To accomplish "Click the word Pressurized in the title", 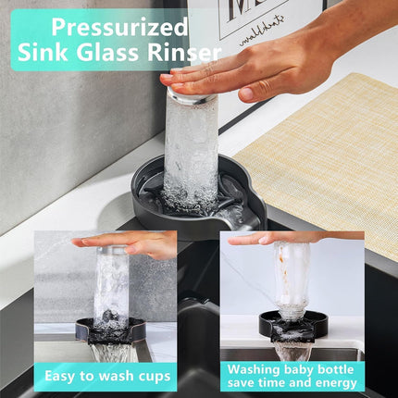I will (x=120, y=25).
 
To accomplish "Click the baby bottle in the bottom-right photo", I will (x=293, y=278).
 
